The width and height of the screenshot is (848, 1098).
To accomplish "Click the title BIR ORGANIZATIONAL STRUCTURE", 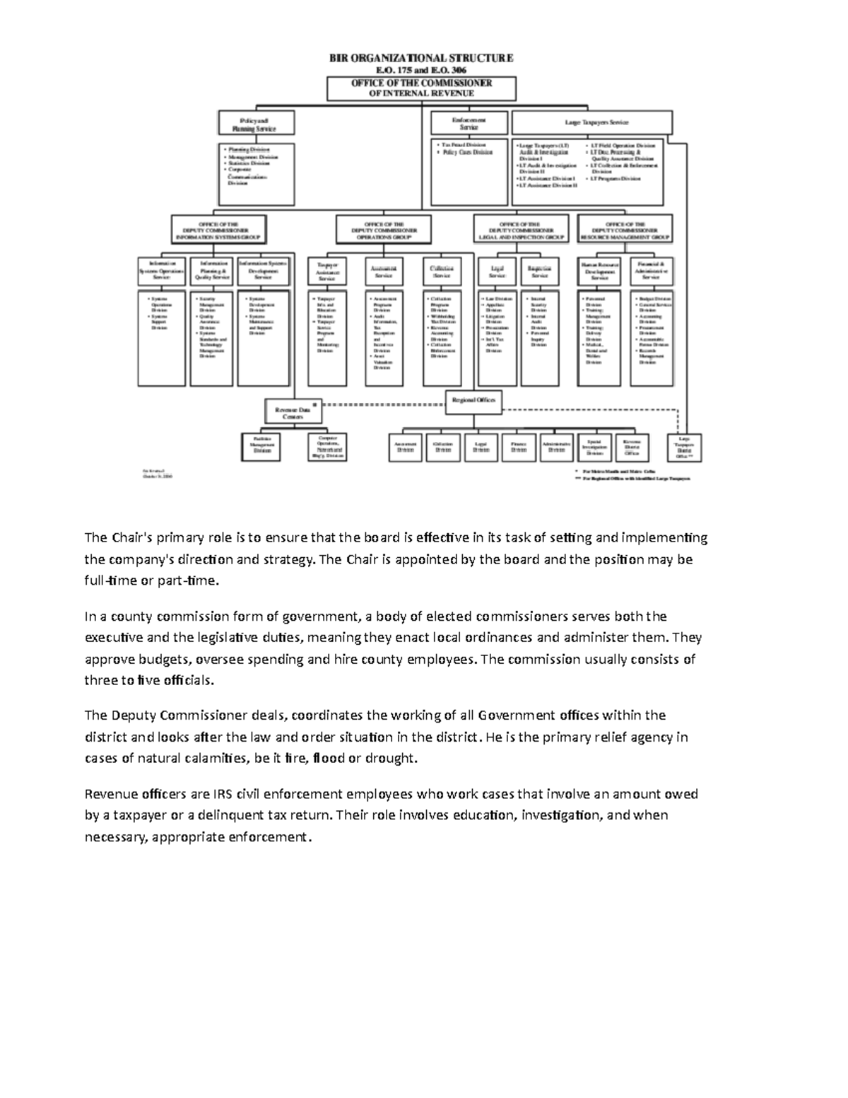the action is pyautogui.click(x=421, y=58).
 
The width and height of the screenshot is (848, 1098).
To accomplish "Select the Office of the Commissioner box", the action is pyautogui.click(x=421, y=88).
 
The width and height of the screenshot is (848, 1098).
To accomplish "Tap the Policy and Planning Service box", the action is pyautogui.click(x=256, y=123).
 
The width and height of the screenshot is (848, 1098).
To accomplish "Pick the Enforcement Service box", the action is pyautogui.click(x=469, y=123).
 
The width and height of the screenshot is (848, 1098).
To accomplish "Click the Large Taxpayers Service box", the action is pyautogui.click(x=591, y=122).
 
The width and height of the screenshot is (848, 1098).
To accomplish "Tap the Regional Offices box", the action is pyautogui.click(x=473, y=401).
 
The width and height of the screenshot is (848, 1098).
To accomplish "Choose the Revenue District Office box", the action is pyautogui.click(x=632, y=448).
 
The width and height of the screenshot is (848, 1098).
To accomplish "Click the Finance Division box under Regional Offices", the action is pyautogui.click(x=519, y=448).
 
